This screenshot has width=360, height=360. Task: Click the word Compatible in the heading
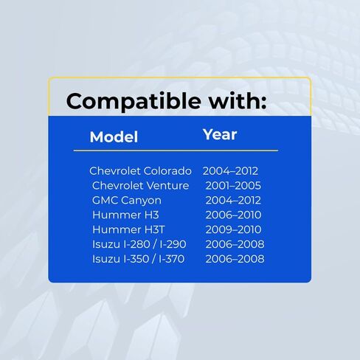pyautogui.click(x=134, y=102)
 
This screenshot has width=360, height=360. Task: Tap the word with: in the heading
pyautogui.click(x=238, y=100)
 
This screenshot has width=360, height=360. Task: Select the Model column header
pyautogui.click(x=114, y=136)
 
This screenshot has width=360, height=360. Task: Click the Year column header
pyautogui.click(x=220, y=134)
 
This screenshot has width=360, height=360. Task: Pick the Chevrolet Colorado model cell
pyautogui.click(x=140, y=171)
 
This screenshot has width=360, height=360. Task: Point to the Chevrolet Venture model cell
pyautogui.click(x=140, y=186)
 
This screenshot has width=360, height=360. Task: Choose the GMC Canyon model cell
pyautogui.click(x=127, y=201)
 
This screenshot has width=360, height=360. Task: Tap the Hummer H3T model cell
pyautogui.click(x=128, y=229)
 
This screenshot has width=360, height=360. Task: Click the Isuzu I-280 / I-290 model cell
pyautogui.click(x=139, y=244)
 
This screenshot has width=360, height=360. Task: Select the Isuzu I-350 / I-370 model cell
pyautogui.click(x=138, y=259)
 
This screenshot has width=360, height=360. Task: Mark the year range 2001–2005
pyautogui.click(x=233, y=186)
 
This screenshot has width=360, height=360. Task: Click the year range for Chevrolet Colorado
pyautogui.click(x=230, y=171)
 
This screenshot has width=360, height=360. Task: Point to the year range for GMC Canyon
pyautogui.click(x=233, y=201)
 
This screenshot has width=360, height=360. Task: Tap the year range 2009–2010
pyautogui.click(x=233, y=229)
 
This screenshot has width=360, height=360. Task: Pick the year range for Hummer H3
pyautogui.click(x=233, y=215)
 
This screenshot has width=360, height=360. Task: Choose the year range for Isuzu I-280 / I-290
pyautogui.click(x=235, y=244)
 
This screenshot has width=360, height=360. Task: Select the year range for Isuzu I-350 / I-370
pyautogui.click(x=235, y=259)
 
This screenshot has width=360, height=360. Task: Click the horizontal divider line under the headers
pyautogui.click(x=176, y=150)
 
